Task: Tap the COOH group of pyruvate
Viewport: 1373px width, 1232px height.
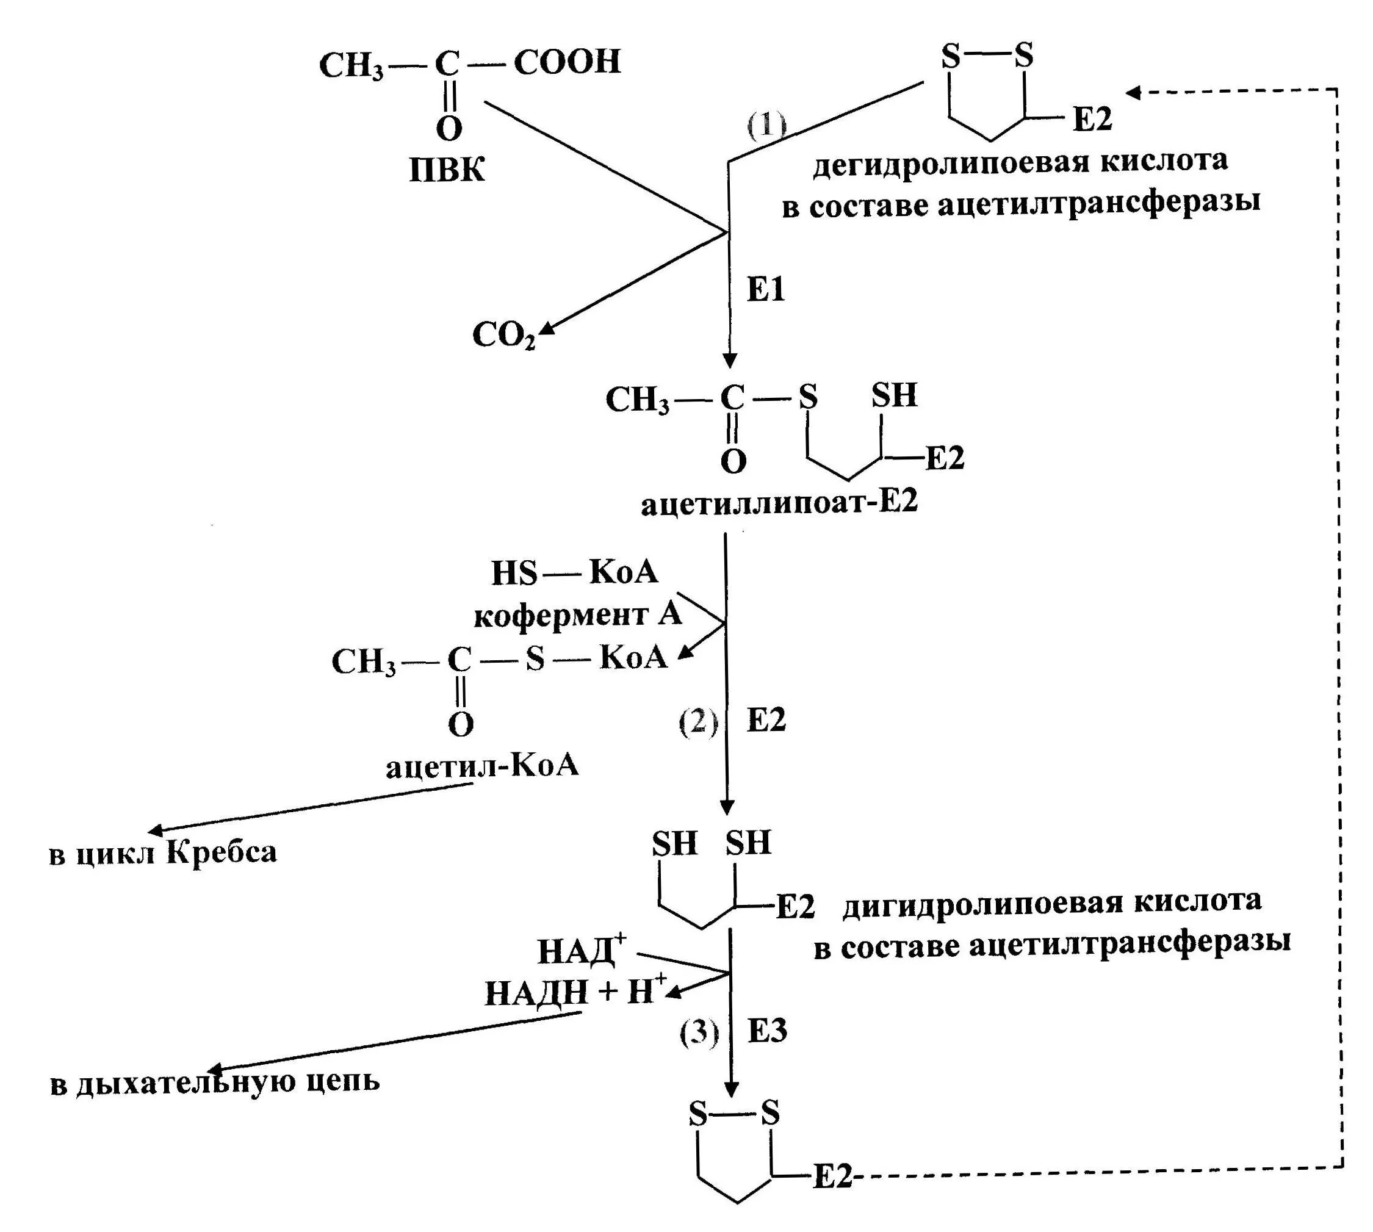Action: tap(567, 62)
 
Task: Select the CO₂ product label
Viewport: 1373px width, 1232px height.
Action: tap(503, 334)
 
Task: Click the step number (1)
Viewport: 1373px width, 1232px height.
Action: tap(766, 126)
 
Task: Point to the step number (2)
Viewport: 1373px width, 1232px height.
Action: tap(698, 722)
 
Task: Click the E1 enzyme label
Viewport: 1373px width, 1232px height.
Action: tap(766, 290)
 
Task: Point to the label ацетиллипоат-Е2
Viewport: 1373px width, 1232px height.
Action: tap(779, 503)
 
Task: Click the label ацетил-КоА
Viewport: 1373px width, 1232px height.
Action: tap(482, 766)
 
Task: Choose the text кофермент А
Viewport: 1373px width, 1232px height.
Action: tap(577, 615)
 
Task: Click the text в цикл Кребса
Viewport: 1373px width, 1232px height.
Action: tap(162, 852)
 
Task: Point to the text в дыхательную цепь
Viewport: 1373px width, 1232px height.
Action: tap(215, 1082)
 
